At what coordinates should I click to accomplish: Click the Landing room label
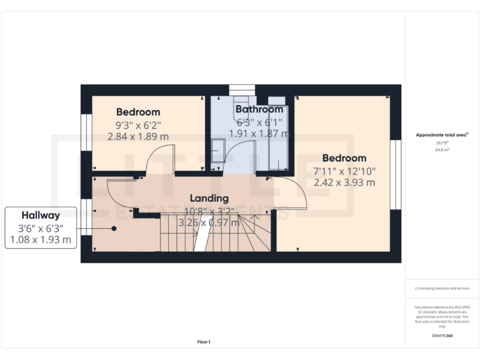(x=209, y=199)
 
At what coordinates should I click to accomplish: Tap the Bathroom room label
(x=259, y=109)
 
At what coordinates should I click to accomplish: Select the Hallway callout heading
(x=41, y=213)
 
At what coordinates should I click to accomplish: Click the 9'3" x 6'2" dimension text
(x=142, y=124)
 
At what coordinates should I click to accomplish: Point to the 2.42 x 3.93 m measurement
(x=345, y=183)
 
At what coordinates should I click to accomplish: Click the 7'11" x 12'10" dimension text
(x=345, y=171)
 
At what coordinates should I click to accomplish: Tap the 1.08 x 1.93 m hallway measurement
(x=41, y=239)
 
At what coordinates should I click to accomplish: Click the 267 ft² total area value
(x=442, y=143)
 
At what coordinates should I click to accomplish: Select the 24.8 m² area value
(x=442, y=150)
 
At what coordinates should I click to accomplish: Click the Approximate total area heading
(x=441, y=135)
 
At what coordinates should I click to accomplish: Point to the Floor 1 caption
(x=204, y=342)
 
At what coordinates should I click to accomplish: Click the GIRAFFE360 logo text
(x=442, y=336)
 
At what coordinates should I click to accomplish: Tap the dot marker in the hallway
(x=114, y=229)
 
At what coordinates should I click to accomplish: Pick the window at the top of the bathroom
(x=242, y=89)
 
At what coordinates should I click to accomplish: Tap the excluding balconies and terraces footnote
(x=442, y=288)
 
